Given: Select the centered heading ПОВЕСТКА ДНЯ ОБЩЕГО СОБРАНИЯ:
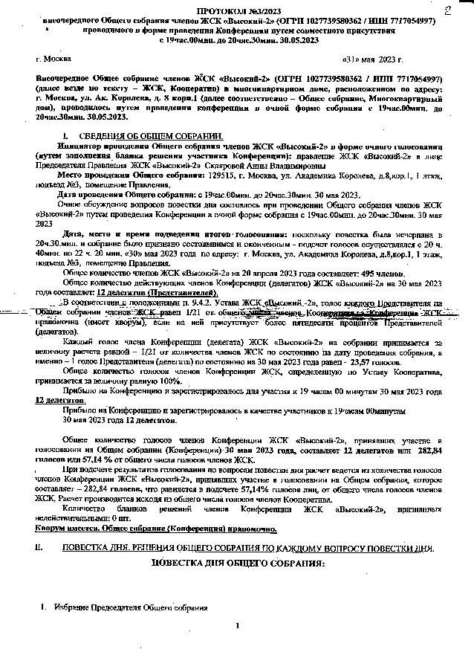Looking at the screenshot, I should coord(238,564).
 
